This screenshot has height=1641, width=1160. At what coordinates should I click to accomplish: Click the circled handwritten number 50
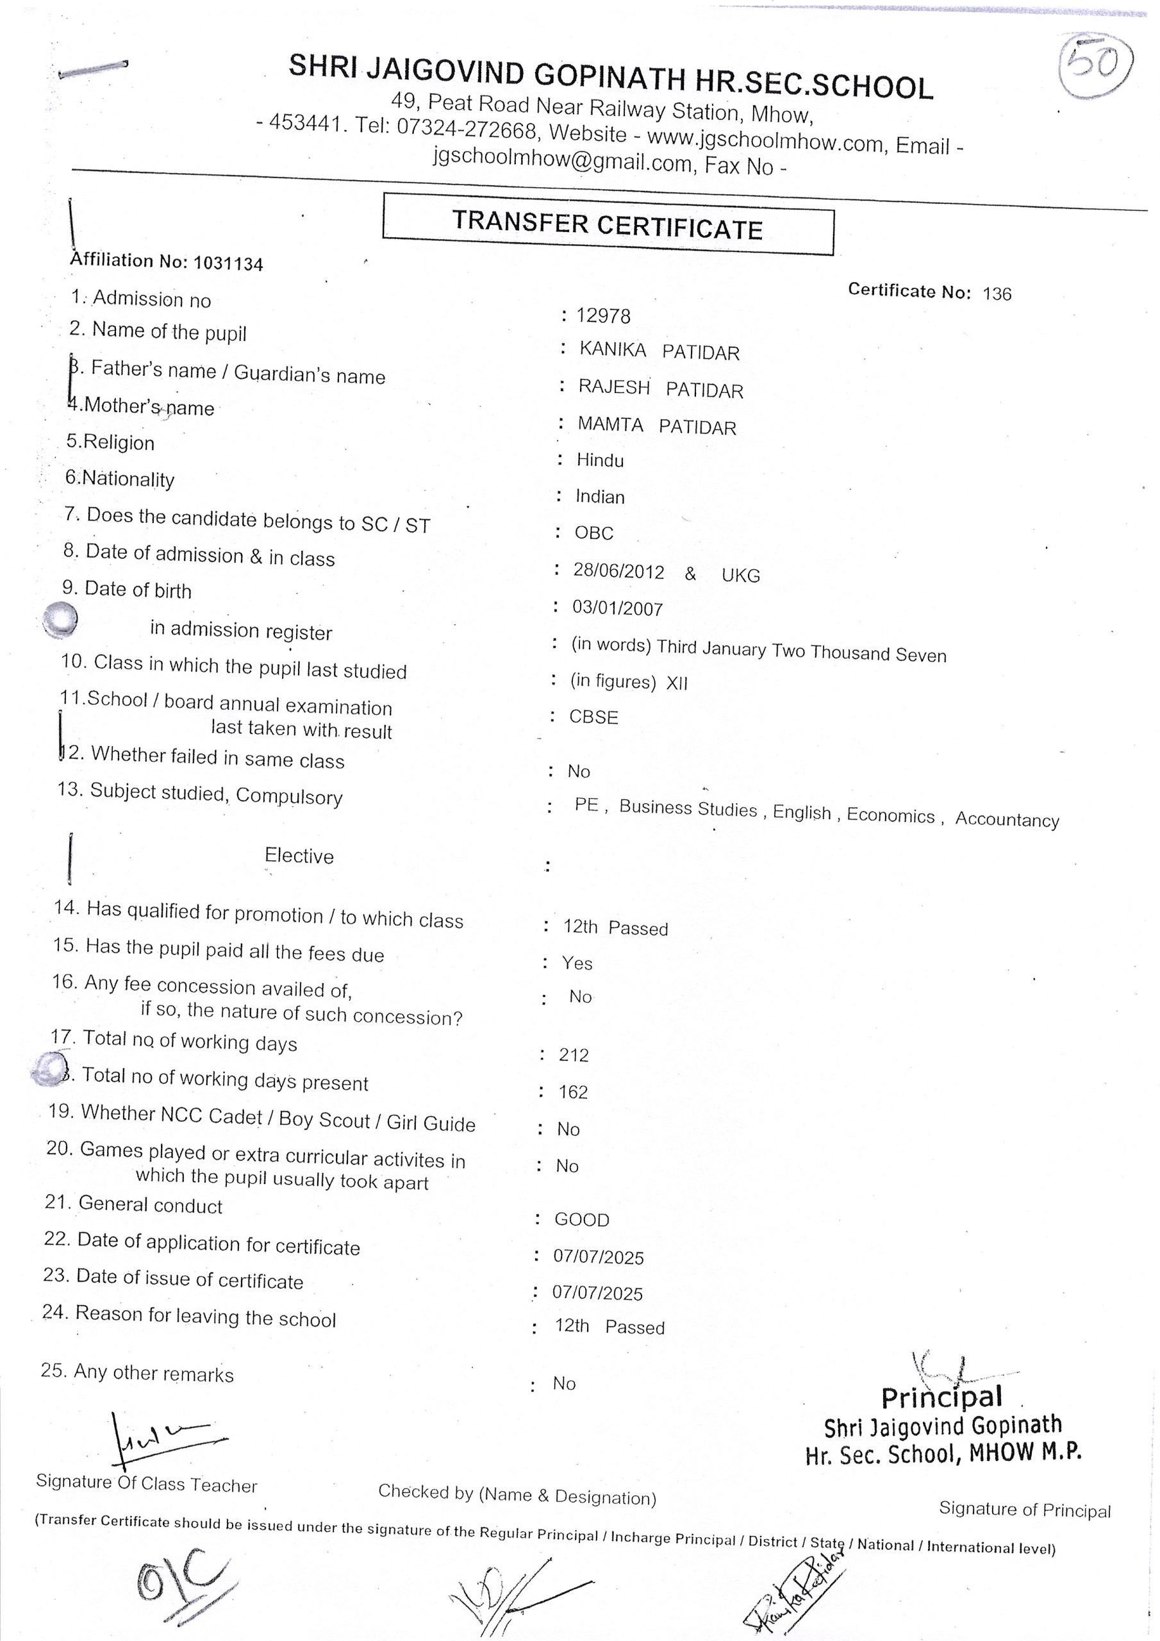pyautogui.click(x=1093, y=66)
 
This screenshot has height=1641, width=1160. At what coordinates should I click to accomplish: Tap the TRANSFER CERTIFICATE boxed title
pyautogui.click(x=608, y=224)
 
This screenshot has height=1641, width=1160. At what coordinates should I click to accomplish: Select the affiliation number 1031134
pyautogui.click(x=228, y=263)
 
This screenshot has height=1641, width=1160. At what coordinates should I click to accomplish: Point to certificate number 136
pyautogui.click(x=997, y=294)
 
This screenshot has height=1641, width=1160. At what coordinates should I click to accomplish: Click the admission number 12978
pyautogui.click(x=603, y=316)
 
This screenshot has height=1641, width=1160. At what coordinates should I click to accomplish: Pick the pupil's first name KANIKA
pyautogui.click(x=613, y=349)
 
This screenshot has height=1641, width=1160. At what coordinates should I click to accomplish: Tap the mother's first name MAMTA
pyautogui.click(x=610, y=424)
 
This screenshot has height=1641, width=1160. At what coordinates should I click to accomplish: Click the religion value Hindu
pyautogui.click(x=600, y=460)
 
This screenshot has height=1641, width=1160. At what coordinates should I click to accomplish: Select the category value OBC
pyautogui.click(x=594, y=533)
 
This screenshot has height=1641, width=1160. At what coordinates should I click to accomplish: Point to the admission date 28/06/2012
pyautogui.click(x=618, y=572)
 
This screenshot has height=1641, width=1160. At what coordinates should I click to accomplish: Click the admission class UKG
pyautogui.click(x=740, y=576)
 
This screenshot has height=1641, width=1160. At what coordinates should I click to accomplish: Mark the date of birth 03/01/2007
pyautogui.click(x=618, y=608)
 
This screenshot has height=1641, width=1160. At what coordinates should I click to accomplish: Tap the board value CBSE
pyautogui.click(x=593, y=717)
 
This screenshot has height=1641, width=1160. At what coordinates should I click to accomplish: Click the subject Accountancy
pyautogui.click(x=1007, y=819)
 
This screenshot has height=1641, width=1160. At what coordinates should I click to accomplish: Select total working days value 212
pyautogui.click(x=574, y=1056)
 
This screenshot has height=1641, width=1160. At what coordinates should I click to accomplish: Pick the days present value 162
pyautogui.click(x=573, y=1092)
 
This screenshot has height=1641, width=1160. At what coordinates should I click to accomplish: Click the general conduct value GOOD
pyautogui.click(x=582, y=1220)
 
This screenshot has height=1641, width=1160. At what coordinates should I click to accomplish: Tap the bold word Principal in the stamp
pyautogui.click(x=941, y=1397)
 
